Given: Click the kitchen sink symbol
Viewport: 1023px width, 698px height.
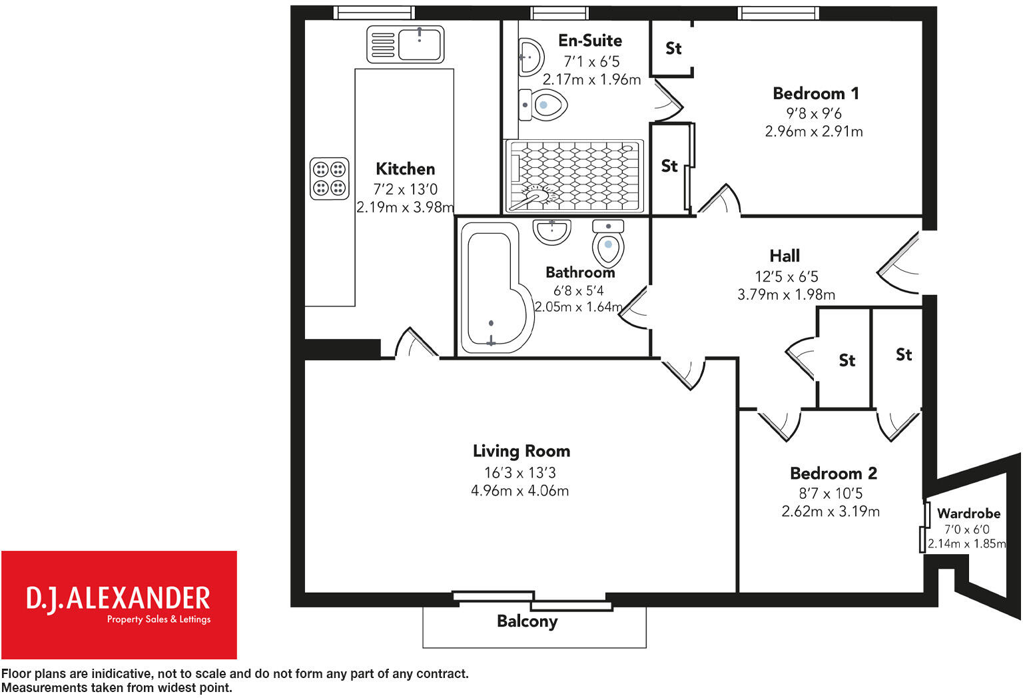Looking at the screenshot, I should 405,45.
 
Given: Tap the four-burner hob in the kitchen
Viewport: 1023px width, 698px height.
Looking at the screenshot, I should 330,178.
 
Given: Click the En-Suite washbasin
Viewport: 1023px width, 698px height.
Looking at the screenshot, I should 530,55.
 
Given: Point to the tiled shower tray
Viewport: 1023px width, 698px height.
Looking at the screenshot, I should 574,174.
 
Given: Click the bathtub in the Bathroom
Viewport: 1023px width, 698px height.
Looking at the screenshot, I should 496,288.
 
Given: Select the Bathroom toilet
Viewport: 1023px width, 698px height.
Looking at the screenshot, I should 607,243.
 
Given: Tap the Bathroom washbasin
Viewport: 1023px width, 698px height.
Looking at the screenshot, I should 551,231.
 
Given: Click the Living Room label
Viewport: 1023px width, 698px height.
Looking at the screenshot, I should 521,451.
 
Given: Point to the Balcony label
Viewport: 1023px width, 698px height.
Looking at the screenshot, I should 527,621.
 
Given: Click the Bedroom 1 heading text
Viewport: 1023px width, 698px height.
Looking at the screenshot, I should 815,93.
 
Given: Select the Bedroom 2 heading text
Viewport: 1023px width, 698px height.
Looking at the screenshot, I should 833,474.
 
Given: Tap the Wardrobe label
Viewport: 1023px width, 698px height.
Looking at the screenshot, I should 968,514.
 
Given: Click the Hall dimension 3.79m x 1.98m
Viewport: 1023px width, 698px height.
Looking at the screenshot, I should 786,294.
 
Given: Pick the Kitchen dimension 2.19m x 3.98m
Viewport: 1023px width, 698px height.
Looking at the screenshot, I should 405,207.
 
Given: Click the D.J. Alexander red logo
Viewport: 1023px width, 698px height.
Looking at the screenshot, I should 119,604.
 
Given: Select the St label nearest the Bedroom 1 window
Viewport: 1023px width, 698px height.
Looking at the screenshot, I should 673,48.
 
